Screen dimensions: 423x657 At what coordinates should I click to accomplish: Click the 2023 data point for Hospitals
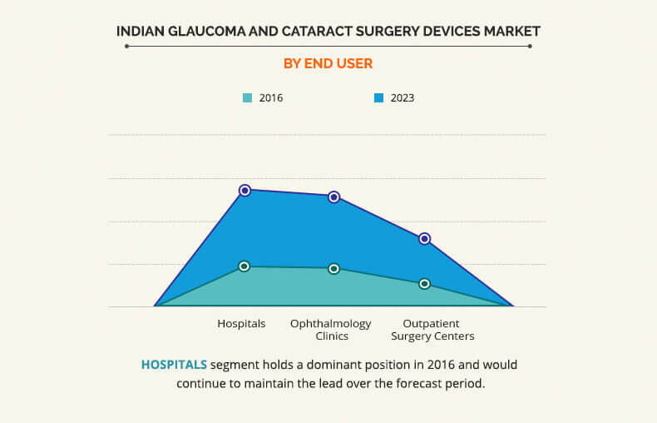click(x=245, y=191)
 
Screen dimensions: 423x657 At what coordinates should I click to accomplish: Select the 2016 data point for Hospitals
click(x=245, y=266)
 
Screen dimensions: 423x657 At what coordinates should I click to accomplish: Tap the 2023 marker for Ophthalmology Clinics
click(x=334, y=197)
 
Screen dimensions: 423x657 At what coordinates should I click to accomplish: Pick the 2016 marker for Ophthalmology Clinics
click(x=334, y=269)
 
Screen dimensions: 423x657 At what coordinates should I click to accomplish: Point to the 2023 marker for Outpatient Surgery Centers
click(x=424, y=239)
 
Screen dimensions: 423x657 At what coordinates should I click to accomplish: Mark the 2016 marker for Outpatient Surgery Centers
click(x=424, y=284)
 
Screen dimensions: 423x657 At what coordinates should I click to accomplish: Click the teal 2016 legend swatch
click(x=247, y=98)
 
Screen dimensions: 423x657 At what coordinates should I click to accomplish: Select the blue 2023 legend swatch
click(x=378, y=98)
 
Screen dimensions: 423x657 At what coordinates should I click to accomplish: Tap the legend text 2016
click(x=271, y=98)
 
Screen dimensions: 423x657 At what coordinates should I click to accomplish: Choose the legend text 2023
click(x=403, y=98)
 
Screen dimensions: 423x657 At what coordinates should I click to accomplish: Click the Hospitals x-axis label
click(x=241, y=324)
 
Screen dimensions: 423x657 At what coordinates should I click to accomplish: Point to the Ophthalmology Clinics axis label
click(x=331, y=330)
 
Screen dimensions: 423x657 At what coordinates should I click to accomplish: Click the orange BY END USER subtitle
click(x=328, y=63)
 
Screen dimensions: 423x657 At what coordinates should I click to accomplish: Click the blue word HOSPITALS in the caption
click(x=174, y=365)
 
